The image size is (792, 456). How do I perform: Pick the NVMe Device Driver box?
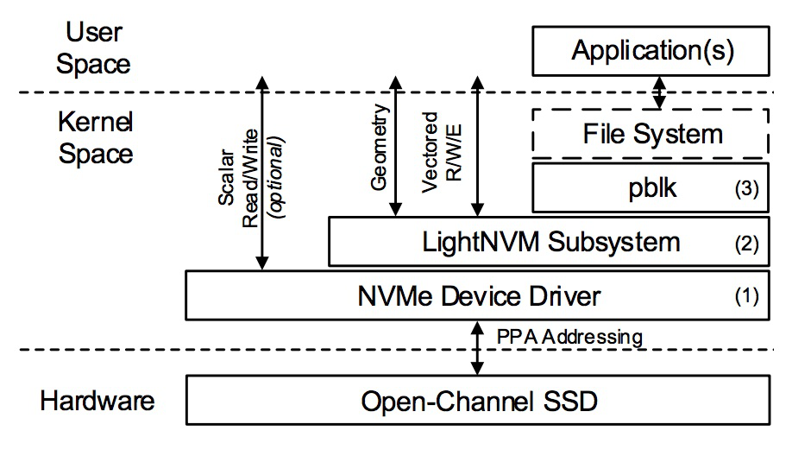[x=479, y=296]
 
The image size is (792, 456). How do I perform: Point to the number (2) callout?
[x=745, y=243]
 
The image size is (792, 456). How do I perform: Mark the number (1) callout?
[x=745, y=297]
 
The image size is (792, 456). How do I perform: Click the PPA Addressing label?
[x=570, y=336]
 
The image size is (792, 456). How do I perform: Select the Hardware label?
[x=97, y=401]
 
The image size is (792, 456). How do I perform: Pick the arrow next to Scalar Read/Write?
[x=263, y=173]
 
